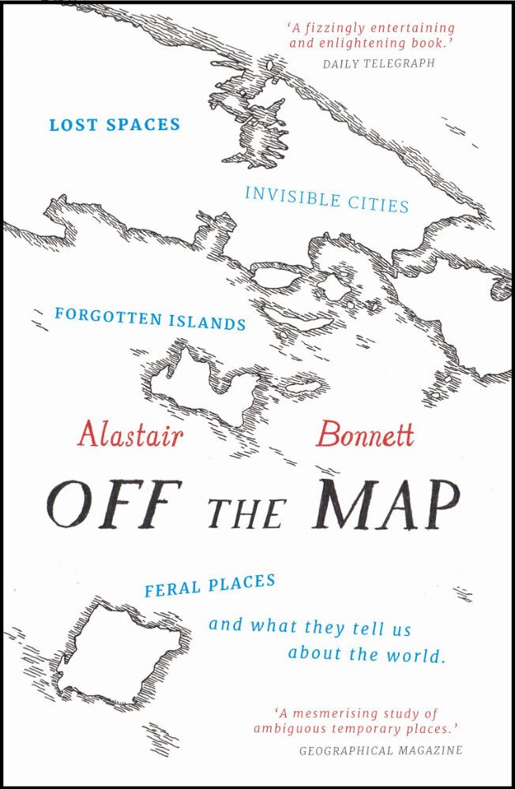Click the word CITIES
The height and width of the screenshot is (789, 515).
[378, 204]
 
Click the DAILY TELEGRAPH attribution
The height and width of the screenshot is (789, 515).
[379, 63]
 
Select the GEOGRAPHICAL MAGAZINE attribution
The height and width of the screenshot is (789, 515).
[380, 750]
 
